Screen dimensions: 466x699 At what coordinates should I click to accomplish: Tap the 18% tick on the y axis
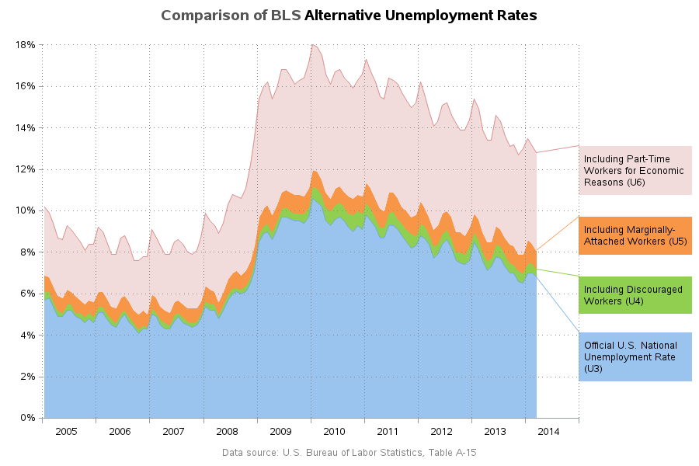(x=25, y=45)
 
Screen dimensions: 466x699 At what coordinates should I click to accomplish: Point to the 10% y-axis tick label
(x=25, y=210)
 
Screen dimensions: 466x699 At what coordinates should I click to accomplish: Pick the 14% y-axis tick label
(x=25, y=127)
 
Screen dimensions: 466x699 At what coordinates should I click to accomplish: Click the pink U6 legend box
(x=635, y=170)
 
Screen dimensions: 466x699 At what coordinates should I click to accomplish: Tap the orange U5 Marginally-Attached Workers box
(x=635, y=235)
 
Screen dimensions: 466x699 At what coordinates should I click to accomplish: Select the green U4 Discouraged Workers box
(x=635, y=295)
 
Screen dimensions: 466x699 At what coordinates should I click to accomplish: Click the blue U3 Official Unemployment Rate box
(x=635, y=356)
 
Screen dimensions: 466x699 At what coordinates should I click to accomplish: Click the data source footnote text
(x=349, y=452)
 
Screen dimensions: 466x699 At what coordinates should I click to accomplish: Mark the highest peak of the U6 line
(x=312, y=45)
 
